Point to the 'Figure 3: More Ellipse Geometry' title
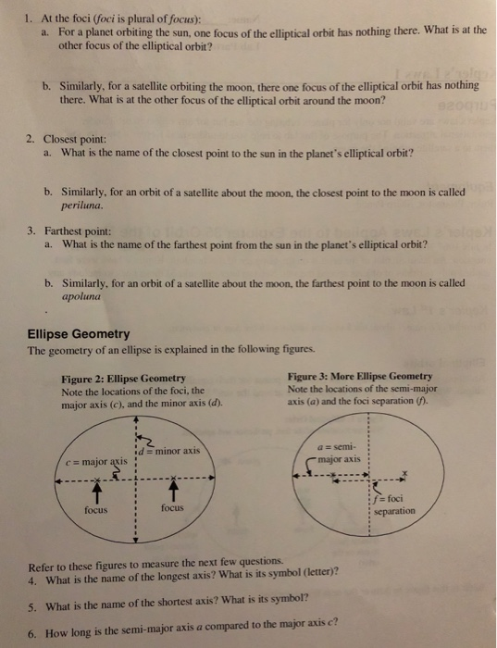point(360,376)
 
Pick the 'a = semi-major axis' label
point(342,453)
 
